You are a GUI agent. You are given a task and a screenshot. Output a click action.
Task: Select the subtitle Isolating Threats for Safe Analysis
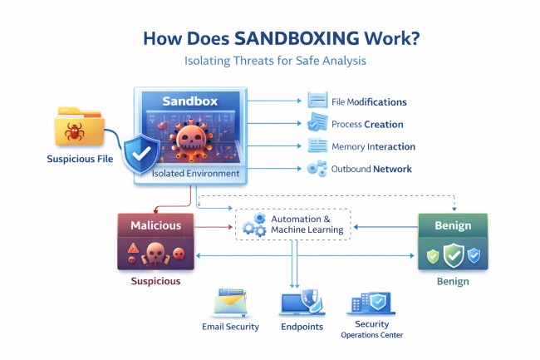tap(269, 60)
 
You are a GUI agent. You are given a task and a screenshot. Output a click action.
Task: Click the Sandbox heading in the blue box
tap(189, 101)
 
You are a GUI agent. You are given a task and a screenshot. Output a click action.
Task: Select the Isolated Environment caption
tap(196, 174)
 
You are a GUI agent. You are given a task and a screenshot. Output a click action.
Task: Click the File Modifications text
tap(369, 102)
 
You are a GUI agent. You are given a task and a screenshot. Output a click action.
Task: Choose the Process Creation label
tap(367, 124)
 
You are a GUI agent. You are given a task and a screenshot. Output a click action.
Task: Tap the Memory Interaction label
tap(373, 146)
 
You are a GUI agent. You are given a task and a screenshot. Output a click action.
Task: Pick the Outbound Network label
tap(371, 169)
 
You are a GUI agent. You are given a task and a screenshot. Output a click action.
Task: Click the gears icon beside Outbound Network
tap(317, 169)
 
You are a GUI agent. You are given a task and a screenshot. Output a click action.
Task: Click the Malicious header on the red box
tap(155, 225)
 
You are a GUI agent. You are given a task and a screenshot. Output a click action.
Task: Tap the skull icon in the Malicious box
tap(155, 253)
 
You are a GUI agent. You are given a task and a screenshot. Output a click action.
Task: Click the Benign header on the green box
tap(452, 225)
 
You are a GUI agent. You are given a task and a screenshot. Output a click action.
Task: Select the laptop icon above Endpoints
tap(302, 303)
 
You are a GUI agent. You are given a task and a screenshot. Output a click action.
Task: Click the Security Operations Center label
tap(371, 329)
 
